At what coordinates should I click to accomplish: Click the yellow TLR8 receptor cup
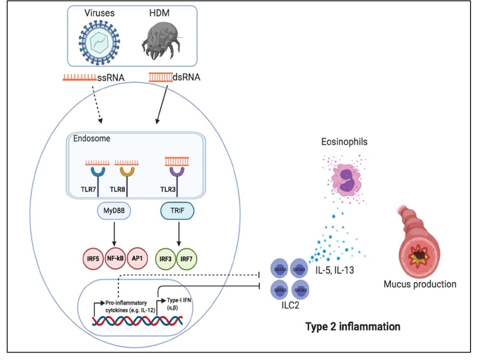[x=127, y=171]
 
